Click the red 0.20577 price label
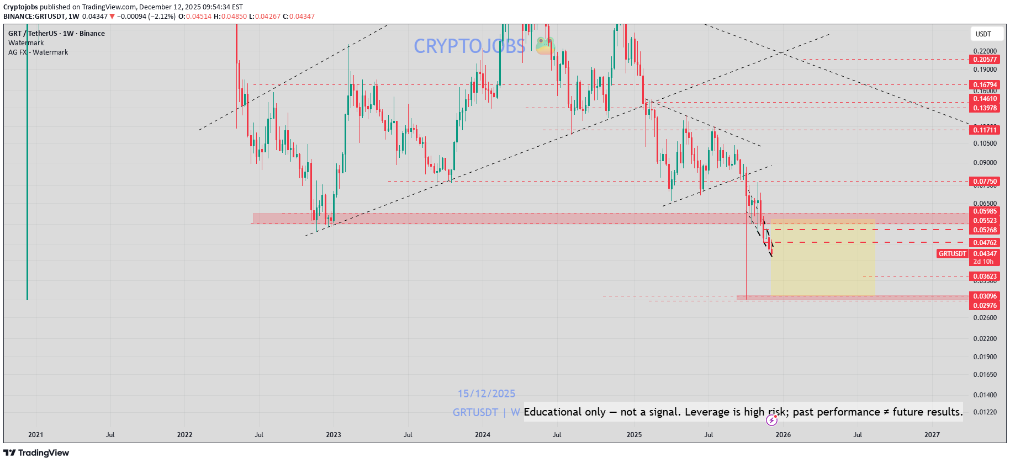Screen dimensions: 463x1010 point(985,60)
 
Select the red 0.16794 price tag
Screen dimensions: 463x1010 point(985,85)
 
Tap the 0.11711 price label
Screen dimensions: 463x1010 point(985,130)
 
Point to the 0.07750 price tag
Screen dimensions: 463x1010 point(985,182)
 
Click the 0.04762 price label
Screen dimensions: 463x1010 point(985,243)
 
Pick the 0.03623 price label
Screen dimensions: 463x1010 point(985,276)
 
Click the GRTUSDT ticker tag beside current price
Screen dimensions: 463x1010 point(953,254)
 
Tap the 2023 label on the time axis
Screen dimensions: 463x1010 point(334,435)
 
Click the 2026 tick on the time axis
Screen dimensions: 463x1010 point(783,435)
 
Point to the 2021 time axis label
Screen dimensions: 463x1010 point(36,435)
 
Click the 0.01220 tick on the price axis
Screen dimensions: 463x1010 point(985,412)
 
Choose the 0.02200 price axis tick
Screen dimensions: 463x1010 point(985,339)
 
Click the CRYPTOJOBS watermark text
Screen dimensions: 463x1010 point(469,46)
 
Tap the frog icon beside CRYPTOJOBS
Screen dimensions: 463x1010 point(545,46)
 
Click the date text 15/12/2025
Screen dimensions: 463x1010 point(486,394)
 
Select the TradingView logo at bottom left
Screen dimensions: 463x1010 point(36,453)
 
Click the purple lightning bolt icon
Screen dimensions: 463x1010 point(771,421)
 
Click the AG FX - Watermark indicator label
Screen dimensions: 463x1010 point(38,52)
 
